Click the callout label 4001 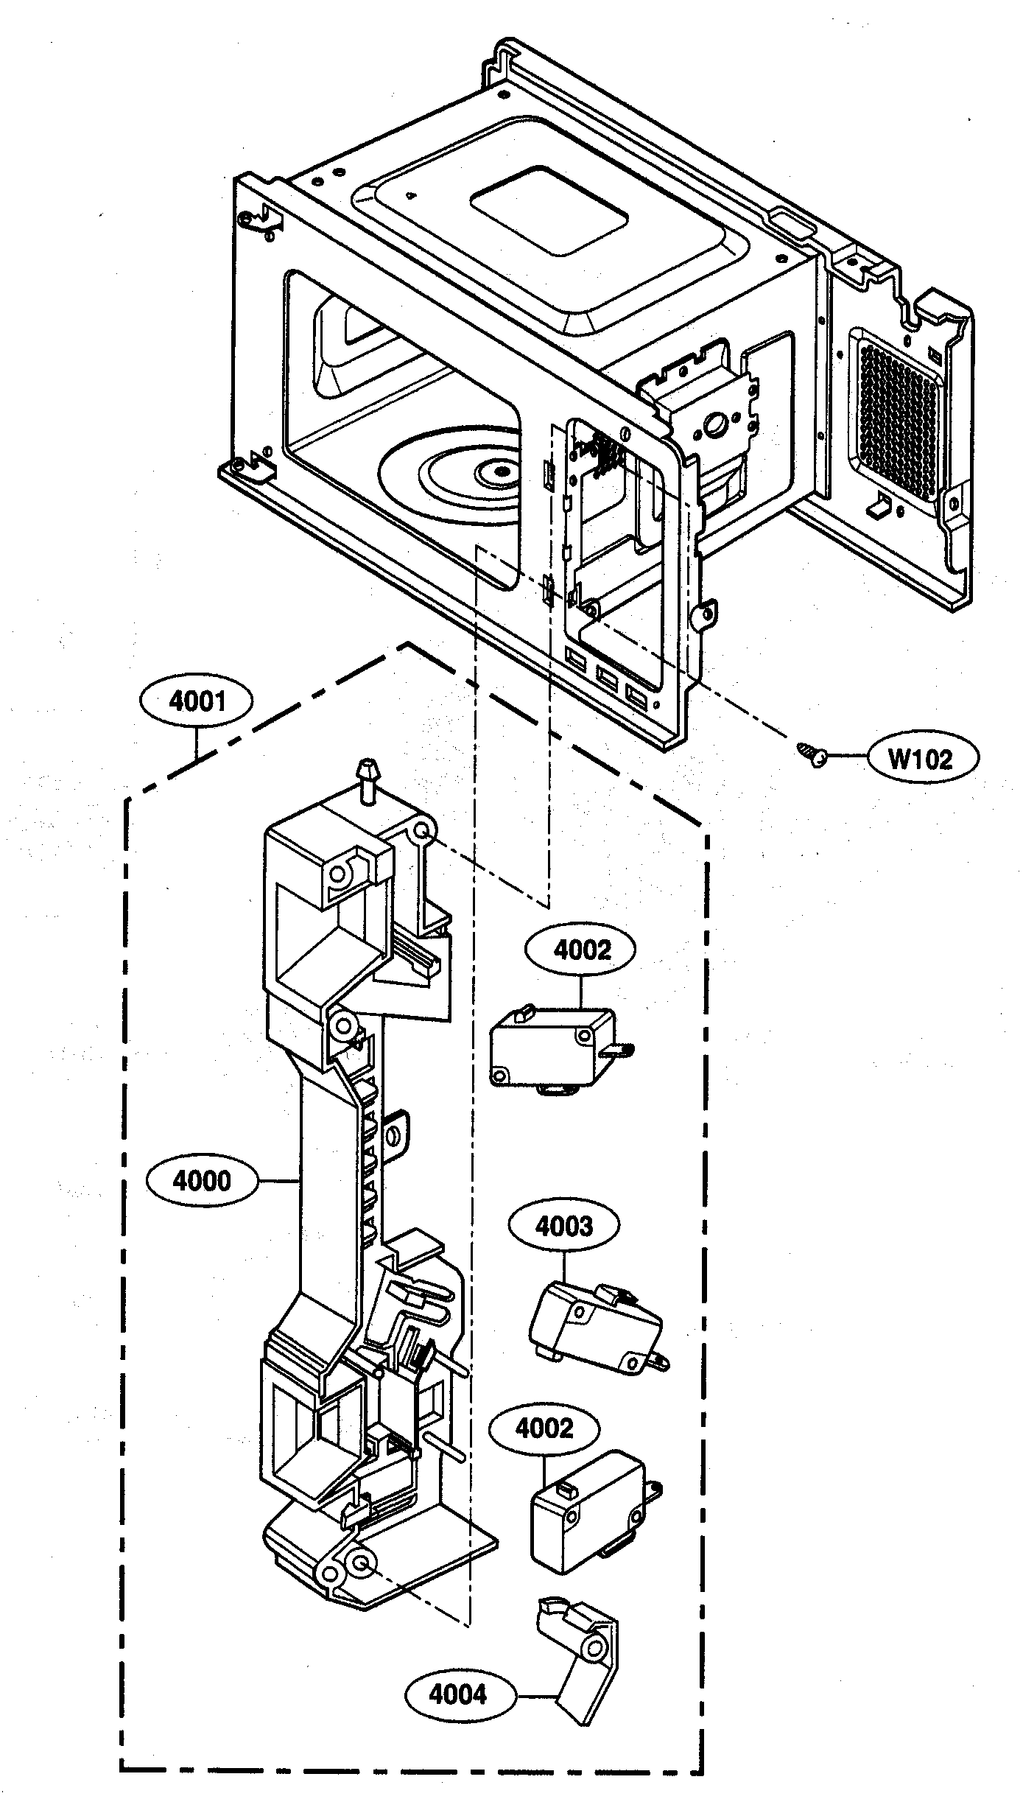coord(197,701)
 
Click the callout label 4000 coord(202,1181)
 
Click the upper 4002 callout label coord(581,950)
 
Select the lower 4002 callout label coord(544,1428)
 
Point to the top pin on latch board coord(367,776)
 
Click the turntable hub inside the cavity coord(500,469)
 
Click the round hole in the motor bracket coord(714,424)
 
